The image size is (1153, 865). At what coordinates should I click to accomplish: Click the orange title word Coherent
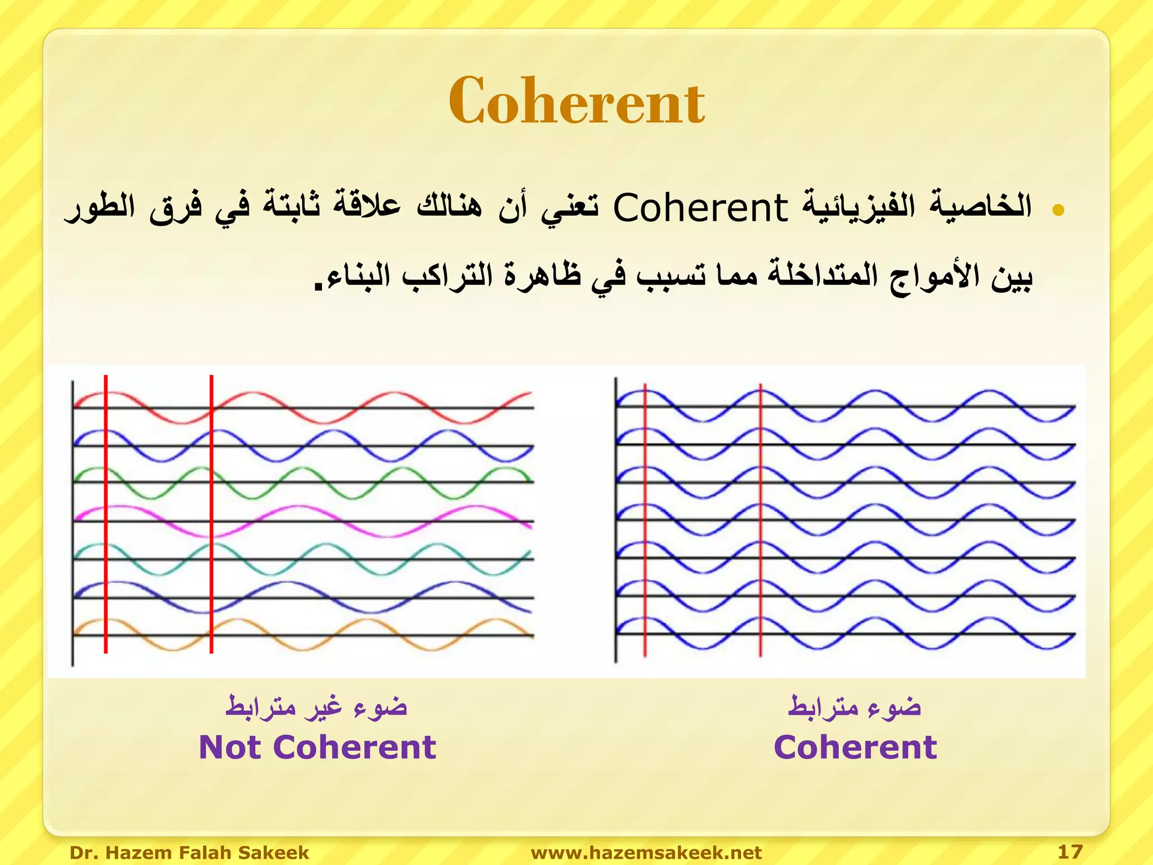(576, 101)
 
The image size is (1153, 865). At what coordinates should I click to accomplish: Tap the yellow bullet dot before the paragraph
(1058, 210)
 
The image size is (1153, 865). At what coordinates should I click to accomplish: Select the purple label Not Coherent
(318, 747)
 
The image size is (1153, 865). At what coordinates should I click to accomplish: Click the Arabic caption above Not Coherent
(316, 707)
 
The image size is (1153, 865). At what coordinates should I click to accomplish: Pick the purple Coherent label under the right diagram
(855, 747)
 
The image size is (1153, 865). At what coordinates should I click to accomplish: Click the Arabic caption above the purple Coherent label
(854, 707)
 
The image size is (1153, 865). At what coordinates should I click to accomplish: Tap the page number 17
(1070, 851)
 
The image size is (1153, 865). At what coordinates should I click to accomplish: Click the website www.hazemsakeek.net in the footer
(646, 853)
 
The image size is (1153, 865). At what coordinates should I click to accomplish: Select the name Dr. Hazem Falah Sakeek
(189, 853)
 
